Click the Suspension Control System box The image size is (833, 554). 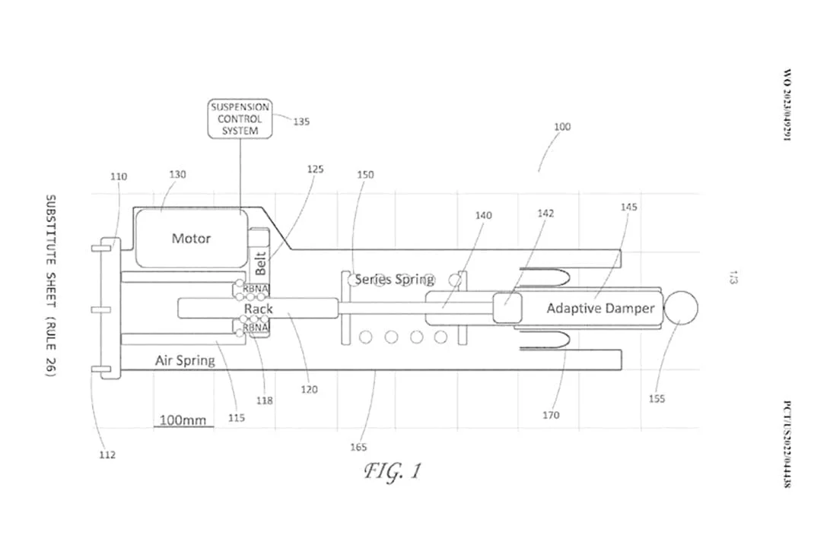point(240,119)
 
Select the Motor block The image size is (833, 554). point(191,238)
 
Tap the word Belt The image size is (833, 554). point(260,263)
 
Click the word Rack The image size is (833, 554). point(259,309)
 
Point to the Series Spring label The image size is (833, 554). point(394,280)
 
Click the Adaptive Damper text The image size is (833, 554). point(600,309)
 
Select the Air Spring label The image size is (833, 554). point(185,360)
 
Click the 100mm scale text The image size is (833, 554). point(182,419)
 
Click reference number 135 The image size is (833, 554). point(301,121)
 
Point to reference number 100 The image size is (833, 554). point(561,127)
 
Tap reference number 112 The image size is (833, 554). point(107,455)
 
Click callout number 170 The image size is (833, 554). point(551,415)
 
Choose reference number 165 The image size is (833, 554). point(358,447)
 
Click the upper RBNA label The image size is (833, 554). point(256,289)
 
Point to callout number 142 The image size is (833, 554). point(545,214)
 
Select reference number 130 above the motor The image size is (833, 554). point(176,175)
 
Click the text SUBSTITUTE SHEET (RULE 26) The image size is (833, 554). point(50,286)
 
